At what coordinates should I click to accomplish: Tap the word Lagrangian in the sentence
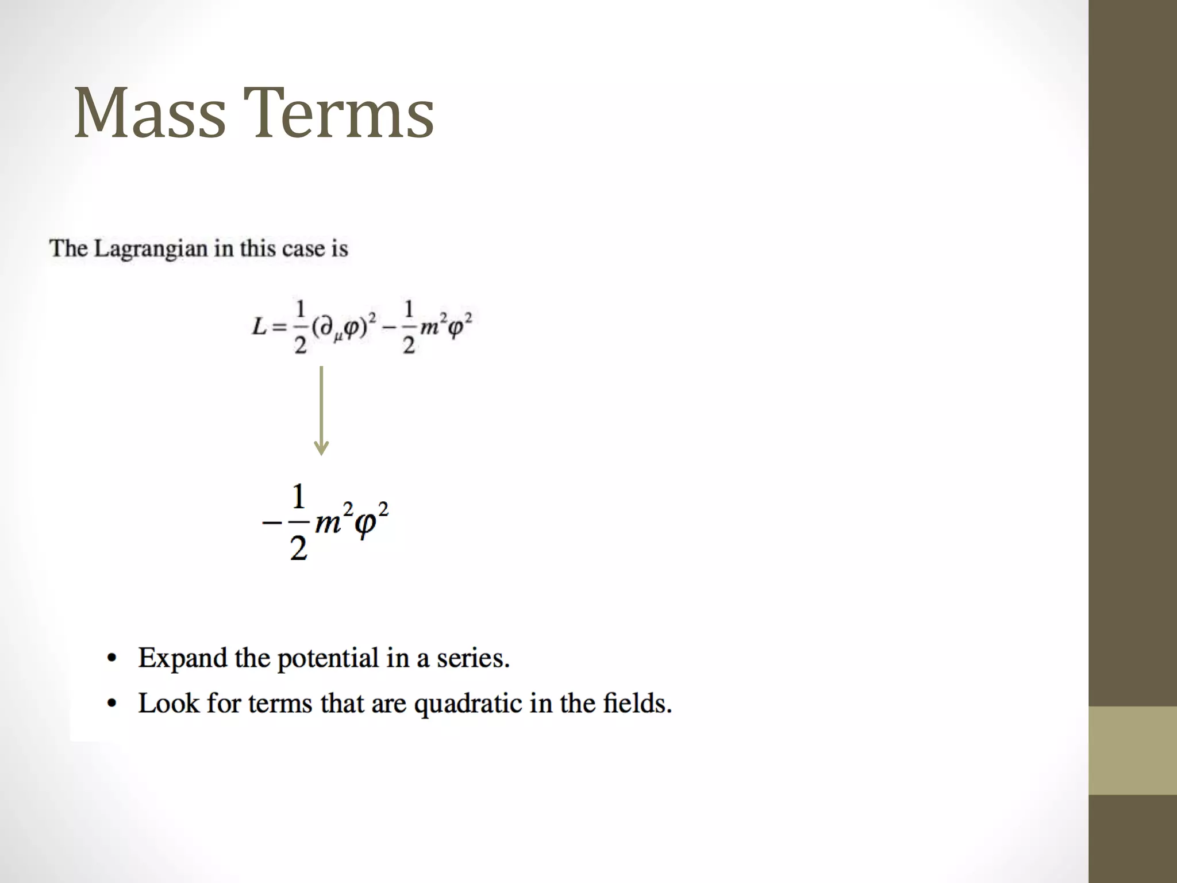pos(151,249)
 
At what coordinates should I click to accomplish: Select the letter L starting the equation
pos(259,327)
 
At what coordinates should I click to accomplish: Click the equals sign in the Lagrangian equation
pos(279,328)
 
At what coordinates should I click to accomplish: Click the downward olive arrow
pos(321,410)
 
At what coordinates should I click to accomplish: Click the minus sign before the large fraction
pos(271,523)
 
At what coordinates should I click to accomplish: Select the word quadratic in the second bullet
pos(468,704)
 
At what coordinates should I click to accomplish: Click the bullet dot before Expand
pos(112,658)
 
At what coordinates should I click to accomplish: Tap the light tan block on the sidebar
pos(1132,750)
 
